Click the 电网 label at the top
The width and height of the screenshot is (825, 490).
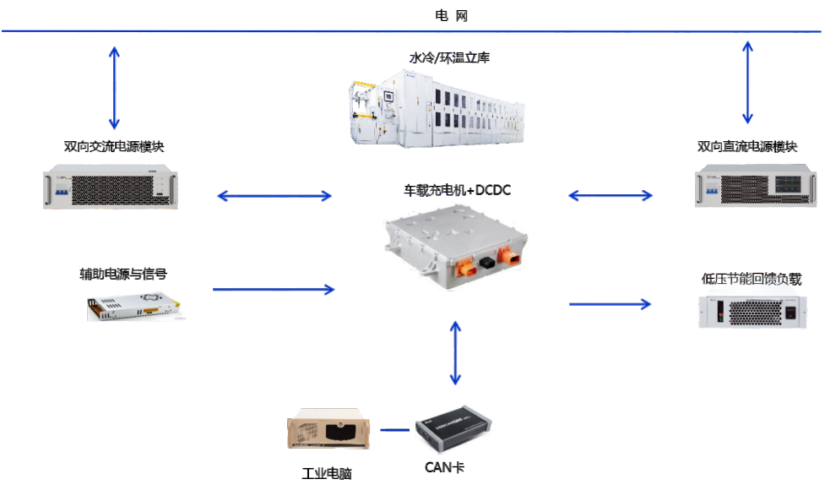tap(451, 16)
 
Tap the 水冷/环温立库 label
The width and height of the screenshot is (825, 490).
tap(449, 58)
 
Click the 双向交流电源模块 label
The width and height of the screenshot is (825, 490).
tap(114, 146)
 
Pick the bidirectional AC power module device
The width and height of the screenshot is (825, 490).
tap(115, 188)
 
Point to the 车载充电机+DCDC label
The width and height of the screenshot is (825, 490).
tap(457, 191)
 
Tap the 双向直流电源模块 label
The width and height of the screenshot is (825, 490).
tap(747, 146)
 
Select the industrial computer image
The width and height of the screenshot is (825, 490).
tap(329, 430)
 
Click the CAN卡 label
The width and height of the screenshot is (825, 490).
tap(444, 467)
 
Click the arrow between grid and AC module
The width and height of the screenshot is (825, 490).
tap(115, 88)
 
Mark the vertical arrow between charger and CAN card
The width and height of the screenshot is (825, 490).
tap(456, 353)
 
